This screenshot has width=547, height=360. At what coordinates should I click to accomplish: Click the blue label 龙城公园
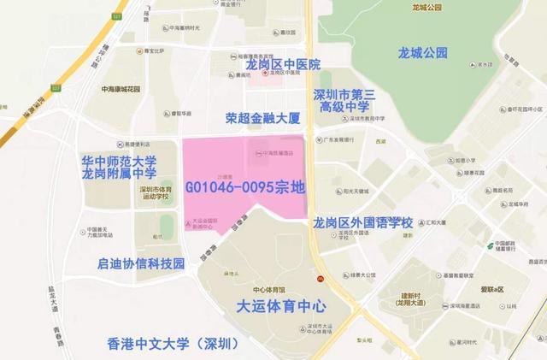point(422,53)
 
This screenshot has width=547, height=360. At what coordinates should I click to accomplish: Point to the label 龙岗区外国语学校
point(363,222)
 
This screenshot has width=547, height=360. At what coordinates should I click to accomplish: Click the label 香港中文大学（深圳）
point(174,345)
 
